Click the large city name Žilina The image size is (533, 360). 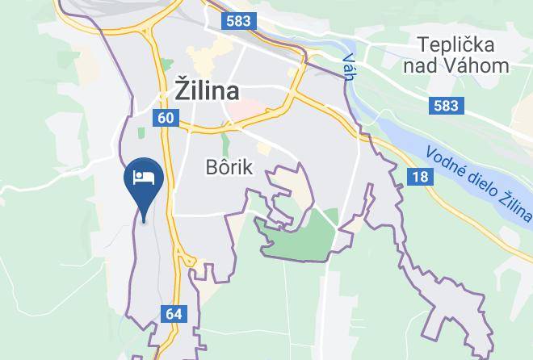pos(207,90)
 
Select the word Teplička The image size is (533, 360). pos(455,44)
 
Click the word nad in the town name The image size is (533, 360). pos(433,66)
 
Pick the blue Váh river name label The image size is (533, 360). pos(349,63)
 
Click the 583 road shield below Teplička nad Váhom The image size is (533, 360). pos(445,105)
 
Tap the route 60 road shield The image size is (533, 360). pos(166,118)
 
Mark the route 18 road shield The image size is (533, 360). pos(418,177)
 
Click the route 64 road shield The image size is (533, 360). pos(174,313)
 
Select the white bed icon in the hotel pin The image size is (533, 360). pos(145,178)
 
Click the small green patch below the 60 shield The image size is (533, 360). pos(141,132)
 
